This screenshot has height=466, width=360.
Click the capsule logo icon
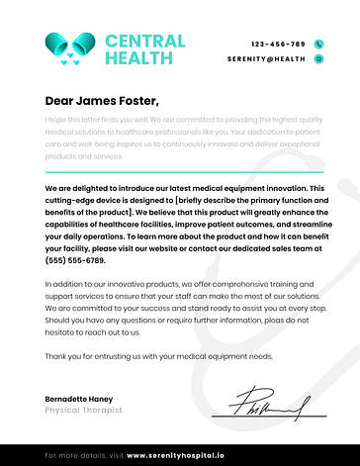70,48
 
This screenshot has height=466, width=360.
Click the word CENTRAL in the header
144,42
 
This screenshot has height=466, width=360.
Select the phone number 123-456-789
279,45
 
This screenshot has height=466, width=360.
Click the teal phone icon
318,45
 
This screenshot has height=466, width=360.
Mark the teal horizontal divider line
179,171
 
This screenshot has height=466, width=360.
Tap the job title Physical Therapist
83,410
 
